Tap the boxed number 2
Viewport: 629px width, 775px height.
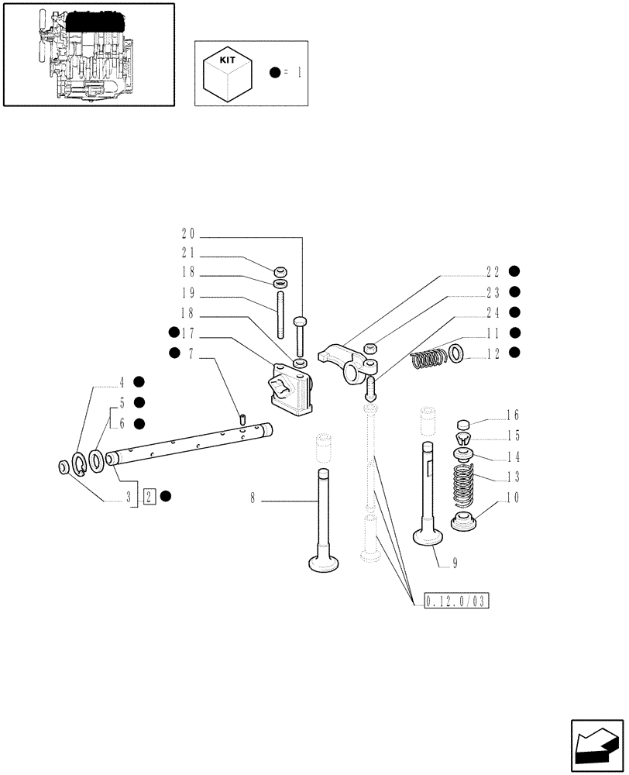click(x=150, y=496)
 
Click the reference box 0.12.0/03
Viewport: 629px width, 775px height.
click(x=459, y=601)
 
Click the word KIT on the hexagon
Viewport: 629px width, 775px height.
click(x=223, y=57)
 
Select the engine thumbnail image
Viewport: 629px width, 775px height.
click(x=88, y=53)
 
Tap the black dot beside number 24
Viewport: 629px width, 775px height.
click(x=515, y=312)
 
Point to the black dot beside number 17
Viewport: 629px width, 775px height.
click(x=173, y=333)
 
